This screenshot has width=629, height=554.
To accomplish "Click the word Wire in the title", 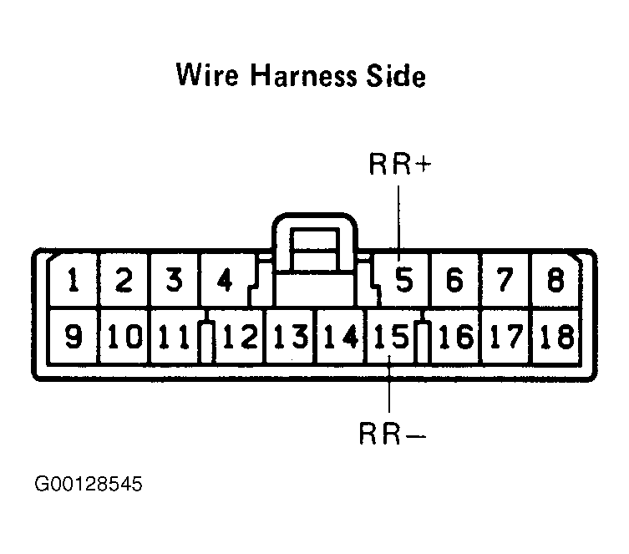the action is tap(207, 74).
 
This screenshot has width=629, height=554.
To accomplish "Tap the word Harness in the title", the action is tap(303, 74).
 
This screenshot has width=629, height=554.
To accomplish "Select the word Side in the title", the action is tap(396, 74).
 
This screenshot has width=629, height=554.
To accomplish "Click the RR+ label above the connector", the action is tap(400, 164).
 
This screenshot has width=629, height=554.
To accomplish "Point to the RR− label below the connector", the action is tap(393, 434).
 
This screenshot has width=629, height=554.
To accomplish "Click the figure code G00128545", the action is tap(89, 484).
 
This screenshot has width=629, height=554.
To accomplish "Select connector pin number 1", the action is tap(73, 280).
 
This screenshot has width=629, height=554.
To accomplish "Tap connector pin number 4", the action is tap(225, 280).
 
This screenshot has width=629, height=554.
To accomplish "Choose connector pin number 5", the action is tap(404, 280).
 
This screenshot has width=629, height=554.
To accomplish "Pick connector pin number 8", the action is tap(555, 280).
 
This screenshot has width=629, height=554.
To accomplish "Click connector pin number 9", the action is tap(74, 336).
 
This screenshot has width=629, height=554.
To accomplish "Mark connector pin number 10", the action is tap(125, 336).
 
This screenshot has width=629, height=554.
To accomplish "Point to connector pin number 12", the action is tap(241, 336).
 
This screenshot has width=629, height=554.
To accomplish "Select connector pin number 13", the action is tap(292, 336).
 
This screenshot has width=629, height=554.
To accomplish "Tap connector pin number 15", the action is tap(392, 336).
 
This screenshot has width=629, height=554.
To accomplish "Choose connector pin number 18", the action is tap(558, 336).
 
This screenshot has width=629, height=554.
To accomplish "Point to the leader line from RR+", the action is tap(398, 220).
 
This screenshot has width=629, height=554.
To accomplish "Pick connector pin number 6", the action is tap(454, 280).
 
